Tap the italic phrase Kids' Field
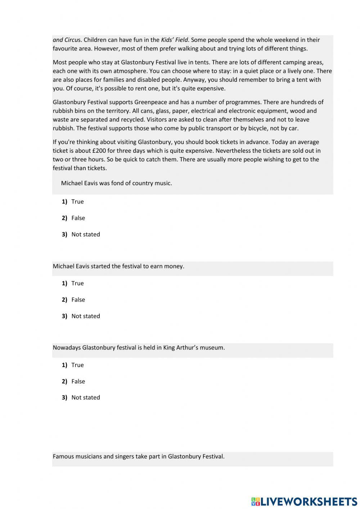175,40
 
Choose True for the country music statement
77,202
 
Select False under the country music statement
78,218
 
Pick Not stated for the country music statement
86,235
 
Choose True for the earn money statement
77,283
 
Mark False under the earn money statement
78,300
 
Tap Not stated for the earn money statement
86,316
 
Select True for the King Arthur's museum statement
77,365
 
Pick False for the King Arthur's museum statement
78,381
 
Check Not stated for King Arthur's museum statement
86,398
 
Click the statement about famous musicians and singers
139,456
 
